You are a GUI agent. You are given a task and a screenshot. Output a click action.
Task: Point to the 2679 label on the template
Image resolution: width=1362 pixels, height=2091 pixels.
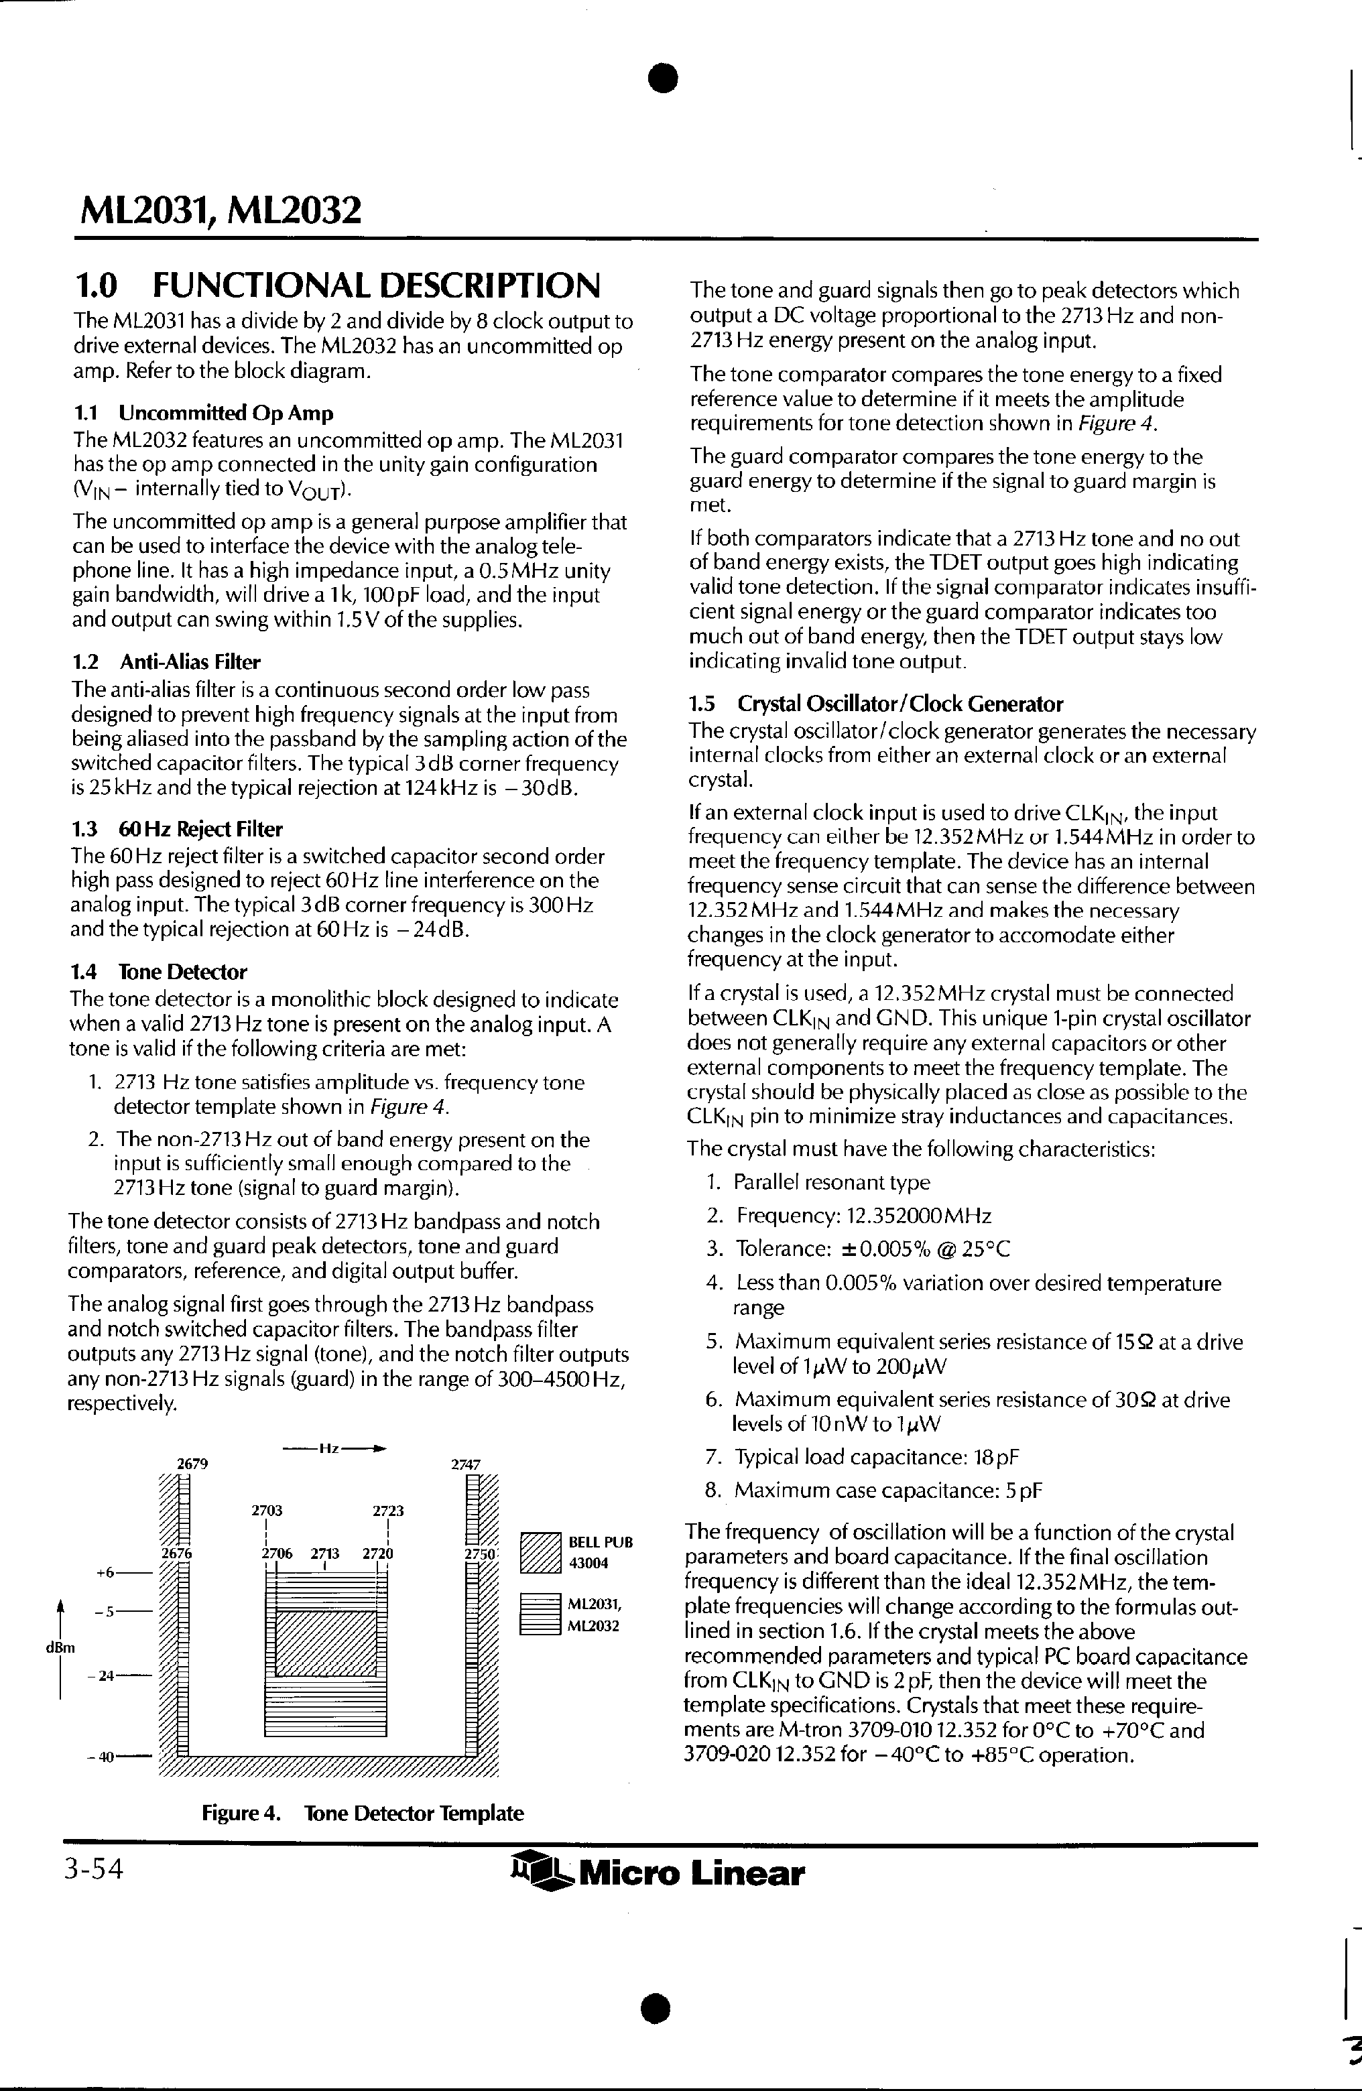click(192, 1464)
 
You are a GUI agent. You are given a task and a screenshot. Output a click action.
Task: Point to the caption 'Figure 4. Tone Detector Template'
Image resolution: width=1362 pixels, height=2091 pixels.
click(362, 1812)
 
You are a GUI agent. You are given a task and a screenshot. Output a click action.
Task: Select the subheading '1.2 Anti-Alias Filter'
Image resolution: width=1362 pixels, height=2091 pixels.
click(166, 661)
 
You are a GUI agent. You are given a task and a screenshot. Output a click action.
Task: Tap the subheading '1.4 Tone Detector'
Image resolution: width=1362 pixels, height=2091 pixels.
click(158, 972)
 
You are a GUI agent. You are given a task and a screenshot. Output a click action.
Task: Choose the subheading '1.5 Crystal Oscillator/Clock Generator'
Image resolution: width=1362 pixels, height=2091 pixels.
click(875, 704)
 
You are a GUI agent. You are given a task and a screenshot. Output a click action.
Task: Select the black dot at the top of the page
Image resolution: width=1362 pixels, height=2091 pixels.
click(664, 78)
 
